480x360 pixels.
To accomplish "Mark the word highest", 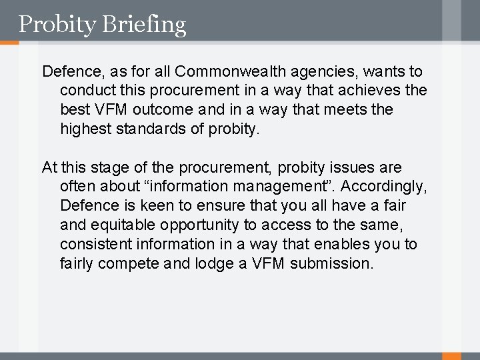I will click(86, 129).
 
